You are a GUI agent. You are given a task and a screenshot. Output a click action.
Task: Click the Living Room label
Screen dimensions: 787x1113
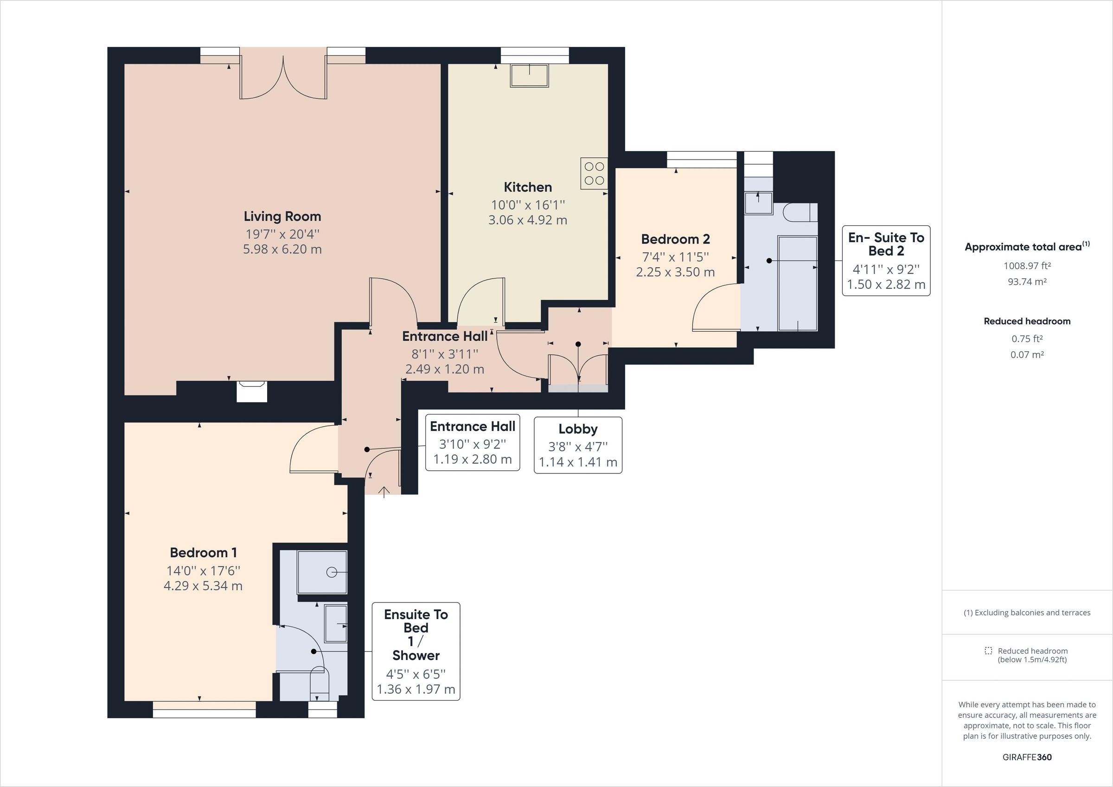tap(282, 216)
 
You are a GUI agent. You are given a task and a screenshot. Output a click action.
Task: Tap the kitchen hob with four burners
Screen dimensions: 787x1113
tap(594, 173)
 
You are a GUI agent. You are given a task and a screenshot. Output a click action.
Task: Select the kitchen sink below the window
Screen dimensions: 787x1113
tap(529, 76)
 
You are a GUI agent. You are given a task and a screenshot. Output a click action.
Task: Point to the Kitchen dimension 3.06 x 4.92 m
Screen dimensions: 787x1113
tap(527, 220)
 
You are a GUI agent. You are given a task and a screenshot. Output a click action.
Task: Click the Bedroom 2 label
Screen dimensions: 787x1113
tap(675, 239)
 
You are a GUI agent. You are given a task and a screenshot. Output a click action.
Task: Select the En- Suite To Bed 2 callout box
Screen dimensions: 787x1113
tap(886, 261)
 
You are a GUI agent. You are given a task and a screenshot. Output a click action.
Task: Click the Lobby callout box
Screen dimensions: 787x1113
tap(578, 445)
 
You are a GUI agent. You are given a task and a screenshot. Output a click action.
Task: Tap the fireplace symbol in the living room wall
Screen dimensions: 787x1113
tap(252, 391)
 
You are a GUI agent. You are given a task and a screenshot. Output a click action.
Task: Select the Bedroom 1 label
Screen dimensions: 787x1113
tap(203, 553)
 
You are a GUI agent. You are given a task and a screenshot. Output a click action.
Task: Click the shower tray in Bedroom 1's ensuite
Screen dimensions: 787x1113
tap(322, 572)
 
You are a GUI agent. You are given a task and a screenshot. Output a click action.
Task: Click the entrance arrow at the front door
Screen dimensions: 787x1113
tap(384, 492)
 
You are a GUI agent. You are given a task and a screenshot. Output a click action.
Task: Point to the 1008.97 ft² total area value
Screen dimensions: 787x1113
tap(1027, 266)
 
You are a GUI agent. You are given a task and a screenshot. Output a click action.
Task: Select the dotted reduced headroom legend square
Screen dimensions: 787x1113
tap(988, 651)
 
